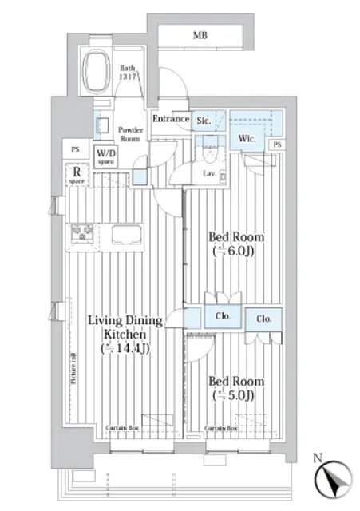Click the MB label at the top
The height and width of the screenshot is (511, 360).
tap(197, 35)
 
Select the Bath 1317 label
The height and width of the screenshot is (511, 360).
tap(129, 73)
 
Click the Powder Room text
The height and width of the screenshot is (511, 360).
tap(129, 133)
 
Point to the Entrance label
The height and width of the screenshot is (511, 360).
tap(170, 120)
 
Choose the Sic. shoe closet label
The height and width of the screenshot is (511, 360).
tap(203, 121)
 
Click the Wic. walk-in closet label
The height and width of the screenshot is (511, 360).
tap(246, 137)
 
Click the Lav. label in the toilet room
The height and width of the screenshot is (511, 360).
tap(211, 173)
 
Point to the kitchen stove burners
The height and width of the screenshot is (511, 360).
tap(81, 233)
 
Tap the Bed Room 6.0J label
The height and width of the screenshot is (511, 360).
tap(236, 244)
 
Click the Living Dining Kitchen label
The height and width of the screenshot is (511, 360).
tap(125, 334)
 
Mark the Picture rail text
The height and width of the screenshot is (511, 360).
tap(73, 365)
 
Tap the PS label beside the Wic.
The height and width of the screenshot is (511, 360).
tap(277, 145)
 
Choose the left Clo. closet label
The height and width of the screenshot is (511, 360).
tap(224, 316)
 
